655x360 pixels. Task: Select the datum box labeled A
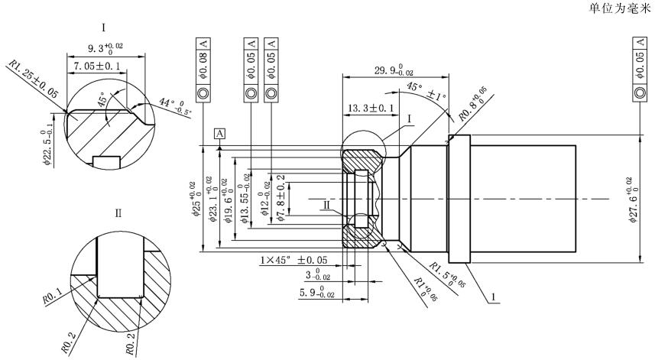click(220, 133)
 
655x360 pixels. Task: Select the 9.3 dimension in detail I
click(106, 47)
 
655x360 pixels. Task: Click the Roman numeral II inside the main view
click(326, 206)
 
